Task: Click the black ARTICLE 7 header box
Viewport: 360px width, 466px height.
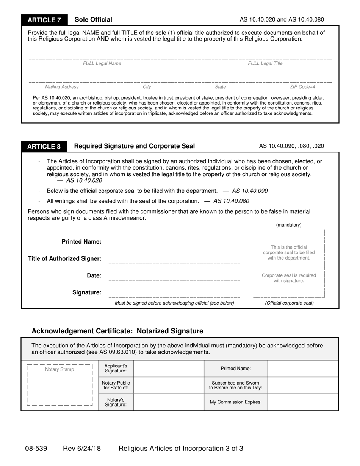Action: pos(44,20)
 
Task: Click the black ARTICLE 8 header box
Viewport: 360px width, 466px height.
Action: pos(44,147)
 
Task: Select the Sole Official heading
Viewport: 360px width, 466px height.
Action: pos(93,20)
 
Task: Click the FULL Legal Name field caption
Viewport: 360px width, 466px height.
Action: pos(102,64)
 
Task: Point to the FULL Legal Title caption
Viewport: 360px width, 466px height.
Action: pos(265,64)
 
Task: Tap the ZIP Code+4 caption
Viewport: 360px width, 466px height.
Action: pos(302,87)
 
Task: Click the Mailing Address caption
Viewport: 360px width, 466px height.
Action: pos(62,87)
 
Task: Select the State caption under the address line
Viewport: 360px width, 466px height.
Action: pos(220,87)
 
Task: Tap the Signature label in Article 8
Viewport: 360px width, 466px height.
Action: pos(87,292)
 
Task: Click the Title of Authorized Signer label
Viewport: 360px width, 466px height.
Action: pos(65,259)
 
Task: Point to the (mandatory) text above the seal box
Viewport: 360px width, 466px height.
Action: pos(289,225)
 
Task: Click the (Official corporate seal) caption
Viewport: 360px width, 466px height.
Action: pos(289,303)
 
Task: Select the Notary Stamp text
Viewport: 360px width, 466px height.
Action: pos(59,369)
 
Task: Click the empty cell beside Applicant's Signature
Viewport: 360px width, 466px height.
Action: pos(169,368)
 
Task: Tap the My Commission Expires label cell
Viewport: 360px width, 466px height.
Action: pos(236,402)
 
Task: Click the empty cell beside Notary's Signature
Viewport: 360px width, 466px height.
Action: pos(169,402)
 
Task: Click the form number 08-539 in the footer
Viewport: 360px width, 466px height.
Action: pos(36,449)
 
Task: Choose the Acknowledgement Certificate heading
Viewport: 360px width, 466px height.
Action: pos(117,331)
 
